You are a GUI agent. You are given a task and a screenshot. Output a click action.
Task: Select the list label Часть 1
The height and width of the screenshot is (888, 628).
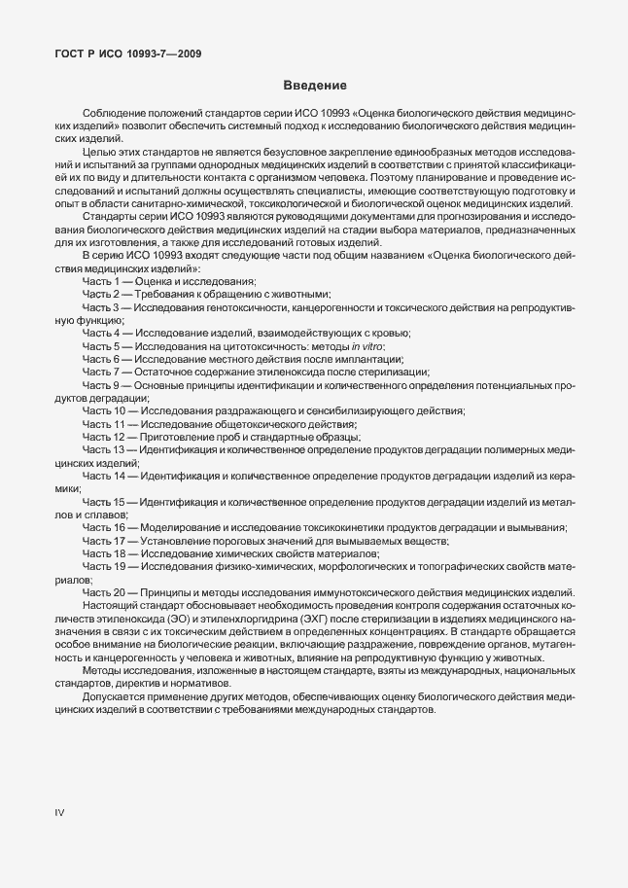click(x=100, y=280)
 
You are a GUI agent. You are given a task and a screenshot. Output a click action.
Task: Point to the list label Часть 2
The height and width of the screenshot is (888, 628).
click(x=100, y=294)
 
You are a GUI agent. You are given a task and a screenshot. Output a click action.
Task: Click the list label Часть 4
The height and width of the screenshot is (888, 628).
click(x=100, y=333)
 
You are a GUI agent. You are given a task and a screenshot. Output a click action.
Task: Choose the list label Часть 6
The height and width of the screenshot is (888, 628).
click(x=100, y=359)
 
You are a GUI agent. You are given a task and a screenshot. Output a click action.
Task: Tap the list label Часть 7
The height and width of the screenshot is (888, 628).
click(x=100, y=373)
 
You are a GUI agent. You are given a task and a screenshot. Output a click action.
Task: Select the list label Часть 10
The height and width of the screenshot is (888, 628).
click(x=103, y=411)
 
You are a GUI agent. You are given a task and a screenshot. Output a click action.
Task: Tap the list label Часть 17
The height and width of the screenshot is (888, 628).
click(x=103, y=541)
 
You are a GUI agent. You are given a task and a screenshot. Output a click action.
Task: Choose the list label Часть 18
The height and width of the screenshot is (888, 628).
click(x=103, y=553)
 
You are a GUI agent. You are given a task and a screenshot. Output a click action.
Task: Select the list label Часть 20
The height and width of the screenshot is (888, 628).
click(x=103, y=593)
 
